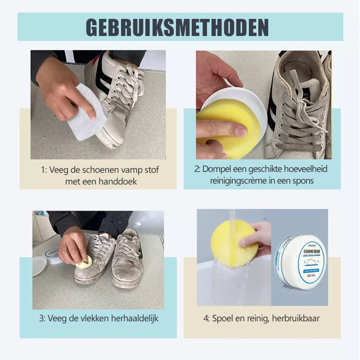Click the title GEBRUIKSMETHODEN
[x=177, y=27]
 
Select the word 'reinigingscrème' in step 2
[x=239, y=180]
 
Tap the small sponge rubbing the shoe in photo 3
[x=85, y=263]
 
